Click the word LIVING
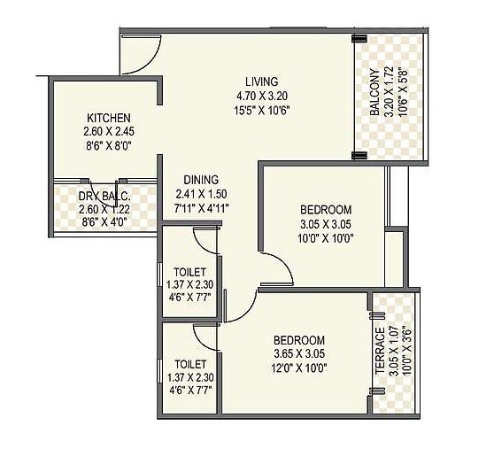(262, 81)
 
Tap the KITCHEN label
(109, 118)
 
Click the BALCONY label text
(375, 92)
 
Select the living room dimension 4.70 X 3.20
(263, 96)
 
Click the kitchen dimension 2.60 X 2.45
(108, 132)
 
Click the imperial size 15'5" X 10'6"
(263, 110)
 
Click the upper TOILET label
(191, 271)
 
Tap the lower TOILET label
(191, 364)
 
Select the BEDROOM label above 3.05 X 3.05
(326, 210)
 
